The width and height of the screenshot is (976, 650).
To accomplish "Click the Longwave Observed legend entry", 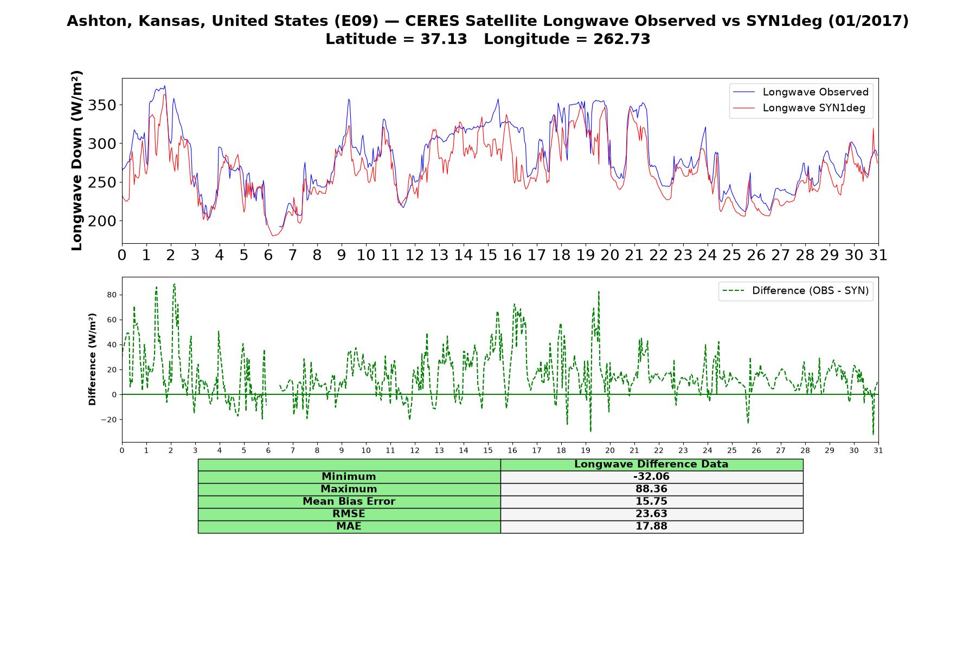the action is click(x=800, y=92).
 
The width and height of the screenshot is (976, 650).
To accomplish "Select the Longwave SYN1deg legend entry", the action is click(x=799, y=108).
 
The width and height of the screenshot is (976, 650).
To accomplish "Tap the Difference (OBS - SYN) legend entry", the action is click(x=795, y=291).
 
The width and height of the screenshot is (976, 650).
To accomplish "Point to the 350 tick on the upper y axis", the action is click(x=102, y=105).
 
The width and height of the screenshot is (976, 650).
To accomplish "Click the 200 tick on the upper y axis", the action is click(x=102, y=221).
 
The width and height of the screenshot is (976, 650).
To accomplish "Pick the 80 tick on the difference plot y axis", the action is click(x=112, y=295).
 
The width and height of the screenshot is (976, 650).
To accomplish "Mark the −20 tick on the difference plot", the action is click(x=110, y=420).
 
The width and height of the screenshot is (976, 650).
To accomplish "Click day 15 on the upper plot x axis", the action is click(x=488, y=255).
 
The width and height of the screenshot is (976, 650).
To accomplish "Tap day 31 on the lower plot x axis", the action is click(x=878, y=451).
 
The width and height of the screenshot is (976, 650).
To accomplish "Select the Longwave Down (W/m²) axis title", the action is click(x=77, y=160).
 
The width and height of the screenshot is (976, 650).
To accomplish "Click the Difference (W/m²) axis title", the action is click(x=92, y=359).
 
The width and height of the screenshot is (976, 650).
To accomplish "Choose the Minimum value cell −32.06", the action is click(x=651, y=477).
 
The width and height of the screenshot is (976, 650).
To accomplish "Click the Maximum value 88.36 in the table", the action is click(x=651, y=489).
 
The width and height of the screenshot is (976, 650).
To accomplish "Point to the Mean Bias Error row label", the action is click(x=349, y=502).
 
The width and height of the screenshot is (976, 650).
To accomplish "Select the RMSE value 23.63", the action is click(x=651, y=514).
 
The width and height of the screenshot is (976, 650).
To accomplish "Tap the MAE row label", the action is click(x=349, y=526).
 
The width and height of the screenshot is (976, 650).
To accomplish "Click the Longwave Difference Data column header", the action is click(x=651, y=464).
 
